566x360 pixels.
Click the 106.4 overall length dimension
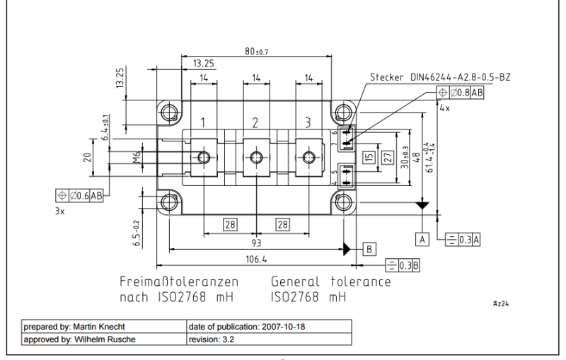click(x=255, y=260)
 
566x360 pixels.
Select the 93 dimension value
click(x=255, y=242)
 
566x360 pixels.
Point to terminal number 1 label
click(x=202, y=123)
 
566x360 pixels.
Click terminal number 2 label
click(x=255, y=123)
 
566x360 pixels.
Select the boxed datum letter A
click(x=423, y=239)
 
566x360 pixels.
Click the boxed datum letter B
click(x=369, y=248)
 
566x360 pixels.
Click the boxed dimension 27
click(x=387, y=157)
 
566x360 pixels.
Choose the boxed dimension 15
click(x=368, y=157)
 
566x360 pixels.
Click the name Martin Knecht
click(x=105, y=327)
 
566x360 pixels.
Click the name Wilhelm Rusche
click(x=109, y=339)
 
